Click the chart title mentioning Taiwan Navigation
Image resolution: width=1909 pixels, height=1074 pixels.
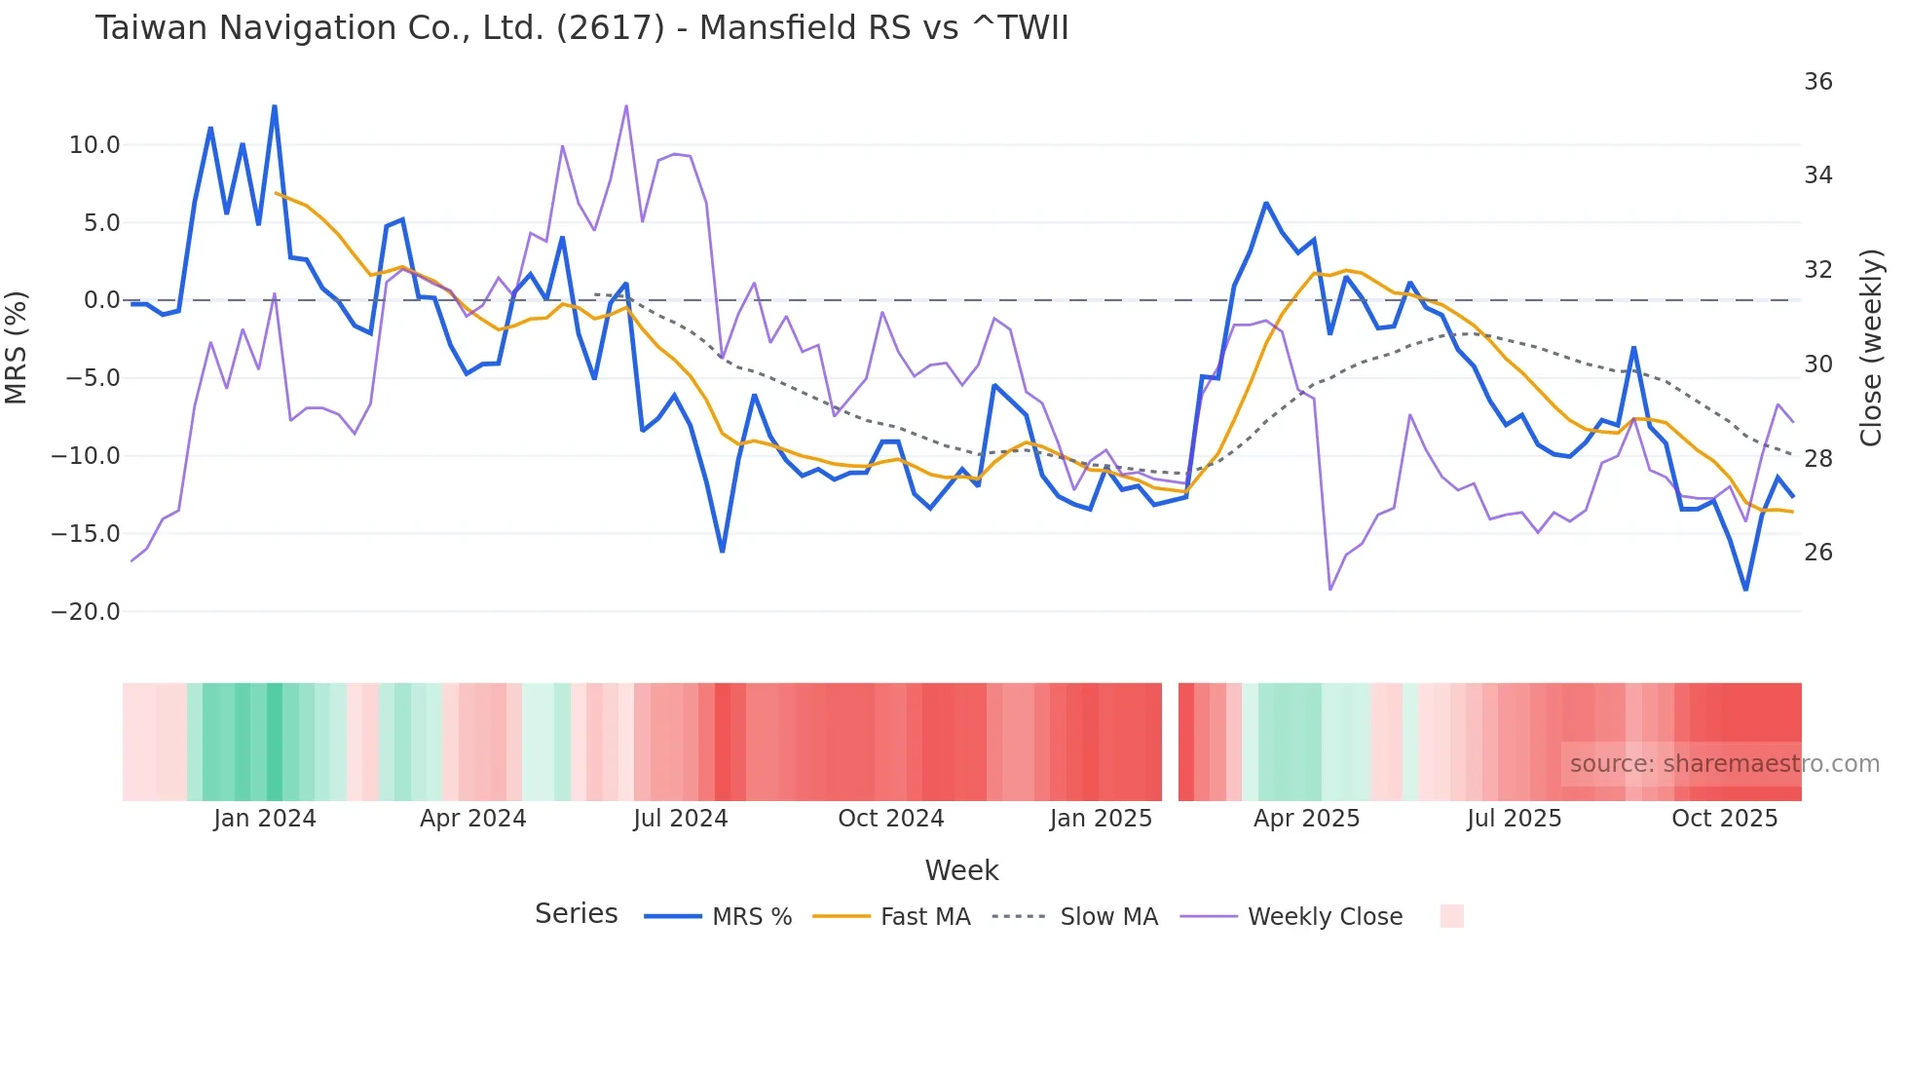581,28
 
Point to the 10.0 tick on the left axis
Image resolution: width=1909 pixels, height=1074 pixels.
94,145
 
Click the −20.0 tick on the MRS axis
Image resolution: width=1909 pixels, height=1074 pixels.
86,612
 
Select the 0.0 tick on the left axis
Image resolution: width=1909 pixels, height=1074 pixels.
101,300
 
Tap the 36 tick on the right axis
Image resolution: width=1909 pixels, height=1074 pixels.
1817,82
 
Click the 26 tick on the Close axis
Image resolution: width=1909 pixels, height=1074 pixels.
1817,553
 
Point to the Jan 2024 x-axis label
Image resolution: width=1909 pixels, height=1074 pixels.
265,819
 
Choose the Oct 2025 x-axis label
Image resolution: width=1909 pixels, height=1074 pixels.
1724,819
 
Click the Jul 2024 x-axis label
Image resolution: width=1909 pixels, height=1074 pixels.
680,819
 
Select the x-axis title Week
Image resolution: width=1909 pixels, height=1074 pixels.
961,870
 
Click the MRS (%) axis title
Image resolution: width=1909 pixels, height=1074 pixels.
17,347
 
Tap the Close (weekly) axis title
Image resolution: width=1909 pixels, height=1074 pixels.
1870,347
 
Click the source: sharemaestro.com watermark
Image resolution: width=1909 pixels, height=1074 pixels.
1724,764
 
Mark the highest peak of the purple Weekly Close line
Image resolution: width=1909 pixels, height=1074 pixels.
626,105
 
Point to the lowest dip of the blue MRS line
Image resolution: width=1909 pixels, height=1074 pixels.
1745,590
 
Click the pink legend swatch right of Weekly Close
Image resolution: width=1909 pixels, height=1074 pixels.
1451,916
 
